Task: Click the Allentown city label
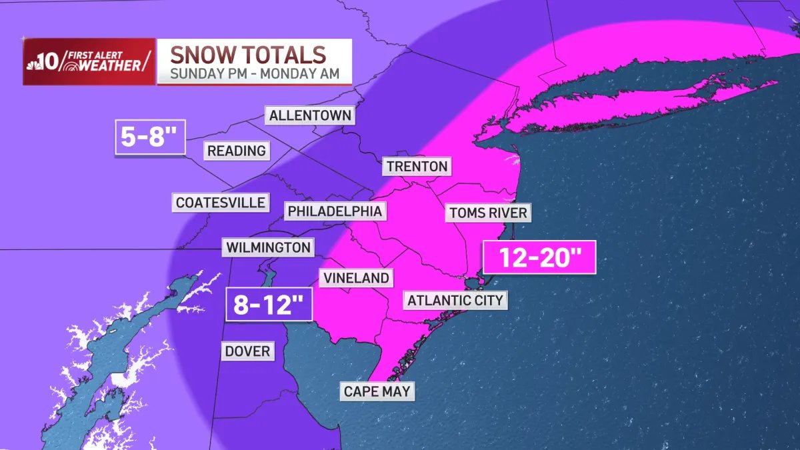pos(310,115)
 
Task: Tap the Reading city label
pos(236,151)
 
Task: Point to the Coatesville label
pos(221,202)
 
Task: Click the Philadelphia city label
pos(335,211)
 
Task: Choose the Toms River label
pos(488,213)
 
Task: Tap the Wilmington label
pos(268,248)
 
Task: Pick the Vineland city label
pos(356,278)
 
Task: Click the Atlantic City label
pos(455,300)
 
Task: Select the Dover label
pos(247,351)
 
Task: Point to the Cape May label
pos(377,391)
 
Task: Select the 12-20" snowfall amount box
pos(539,258)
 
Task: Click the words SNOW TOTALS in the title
pos(247,54)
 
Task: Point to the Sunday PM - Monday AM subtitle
pos(254,73)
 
